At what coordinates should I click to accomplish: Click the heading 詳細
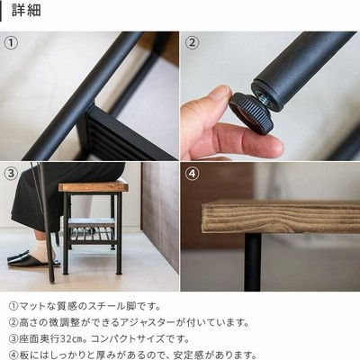[26, 10]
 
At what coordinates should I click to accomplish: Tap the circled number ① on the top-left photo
[11, 42]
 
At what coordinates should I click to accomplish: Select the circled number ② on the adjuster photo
[192, 42]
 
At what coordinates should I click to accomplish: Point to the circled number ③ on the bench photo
[11, 174]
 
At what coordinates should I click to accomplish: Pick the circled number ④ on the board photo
[192, 174]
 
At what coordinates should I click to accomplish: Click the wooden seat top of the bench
[94, 186]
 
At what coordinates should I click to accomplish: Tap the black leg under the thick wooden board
[253, 262]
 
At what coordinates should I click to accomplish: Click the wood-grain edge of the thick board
[281, 219]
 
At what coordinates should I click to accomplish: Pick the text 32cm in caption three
[71, 339]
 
